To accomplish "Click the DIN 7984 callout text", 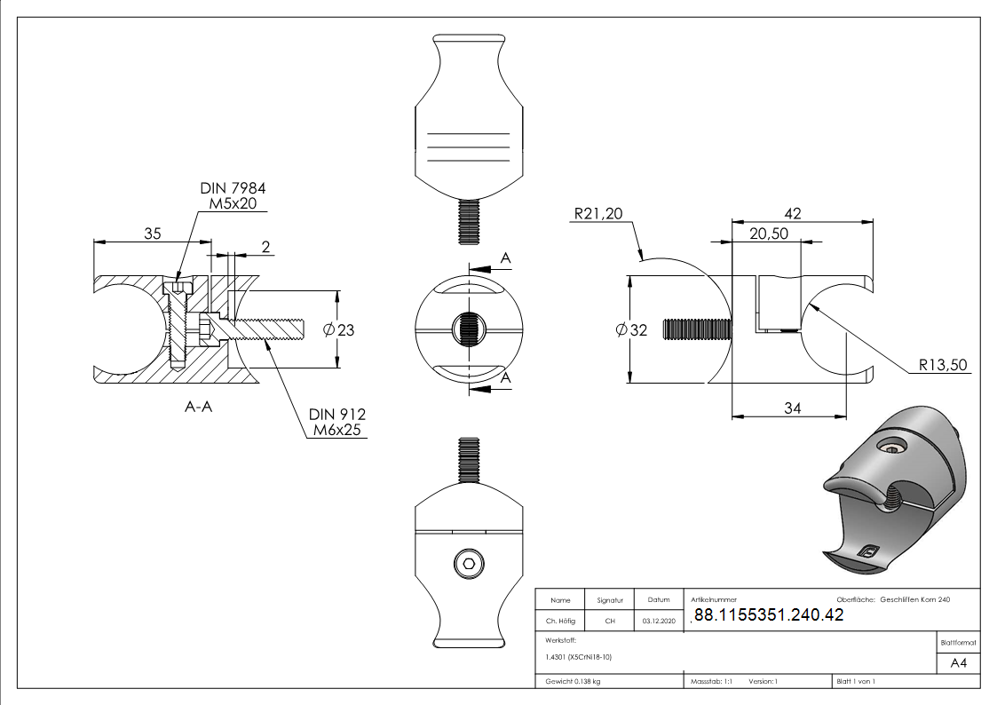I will pos(233,188).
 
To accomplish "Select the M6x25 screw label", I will pos(338,431).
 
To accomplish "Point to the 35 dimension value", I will pos(152,234).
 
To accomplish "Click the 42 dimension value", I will pos(793,213).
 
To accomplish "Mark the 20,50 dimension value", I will pos(769,234).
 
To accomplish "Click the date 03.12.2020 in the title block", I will pos(659,622).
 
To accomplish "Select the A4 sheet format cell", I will pos(959,663).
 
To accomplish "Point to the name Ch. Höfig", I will pos(559,622).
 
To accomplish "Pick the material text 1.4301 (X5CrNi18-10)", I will pos(580,657).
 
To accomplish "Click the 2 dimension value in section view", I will pos(265,246).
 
